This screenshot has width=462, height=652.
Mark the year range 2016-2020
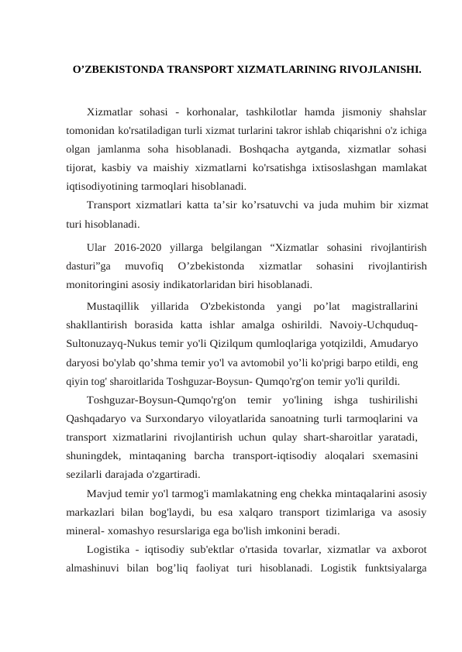point(138,248)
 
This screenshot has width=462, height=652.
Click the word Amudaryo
point(394,342)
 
